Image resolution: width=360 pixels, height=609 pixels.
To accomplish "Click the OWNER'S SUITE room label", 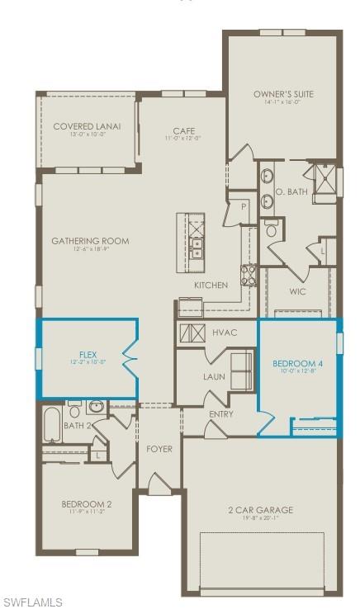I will (x=282, y=95).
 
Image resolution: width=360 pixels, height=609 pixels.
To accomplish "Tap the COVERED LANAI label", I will (x=87, y=126).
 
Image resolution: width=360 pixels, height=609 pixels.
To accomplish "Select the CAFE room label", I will (x=183, y=130).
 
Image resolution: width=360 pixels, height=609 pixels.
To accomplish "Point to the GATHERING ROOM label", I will (x=91, y=241).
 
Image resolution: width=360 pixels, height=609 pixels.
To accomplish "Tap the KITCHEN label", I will (x=211, y=285).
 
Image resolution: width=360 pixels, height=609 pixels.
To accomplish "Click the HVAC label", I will (x=225, y=333).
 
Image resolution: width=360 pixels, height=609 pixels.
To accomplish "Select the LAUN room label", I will (x=215, y=376).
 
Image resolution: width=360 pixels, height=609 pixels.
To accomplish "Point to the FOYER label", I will (x=159, y=449).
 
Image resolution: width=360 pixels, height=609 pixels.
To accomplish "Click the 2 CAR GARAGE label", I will (x=260, y=510).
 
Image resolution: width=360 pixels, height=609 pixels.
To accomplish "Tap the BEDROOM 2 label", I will (x=86, y=503).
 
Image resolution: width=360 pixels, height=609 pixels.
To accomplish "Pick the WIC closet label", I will (x=298, y=291).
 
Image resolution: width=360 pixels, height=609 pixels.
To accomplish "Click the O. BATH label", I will (x=291, y=191).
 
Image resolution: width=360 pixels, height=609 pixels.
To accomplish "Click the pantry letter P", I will (x=244, y=207).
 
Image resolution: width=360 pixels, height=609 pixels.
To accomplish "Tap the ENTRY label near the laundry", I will (x=220, y=414).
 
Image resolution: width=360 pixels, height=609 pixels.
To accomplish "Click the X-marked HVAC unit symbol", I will (x=192, y=333).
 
